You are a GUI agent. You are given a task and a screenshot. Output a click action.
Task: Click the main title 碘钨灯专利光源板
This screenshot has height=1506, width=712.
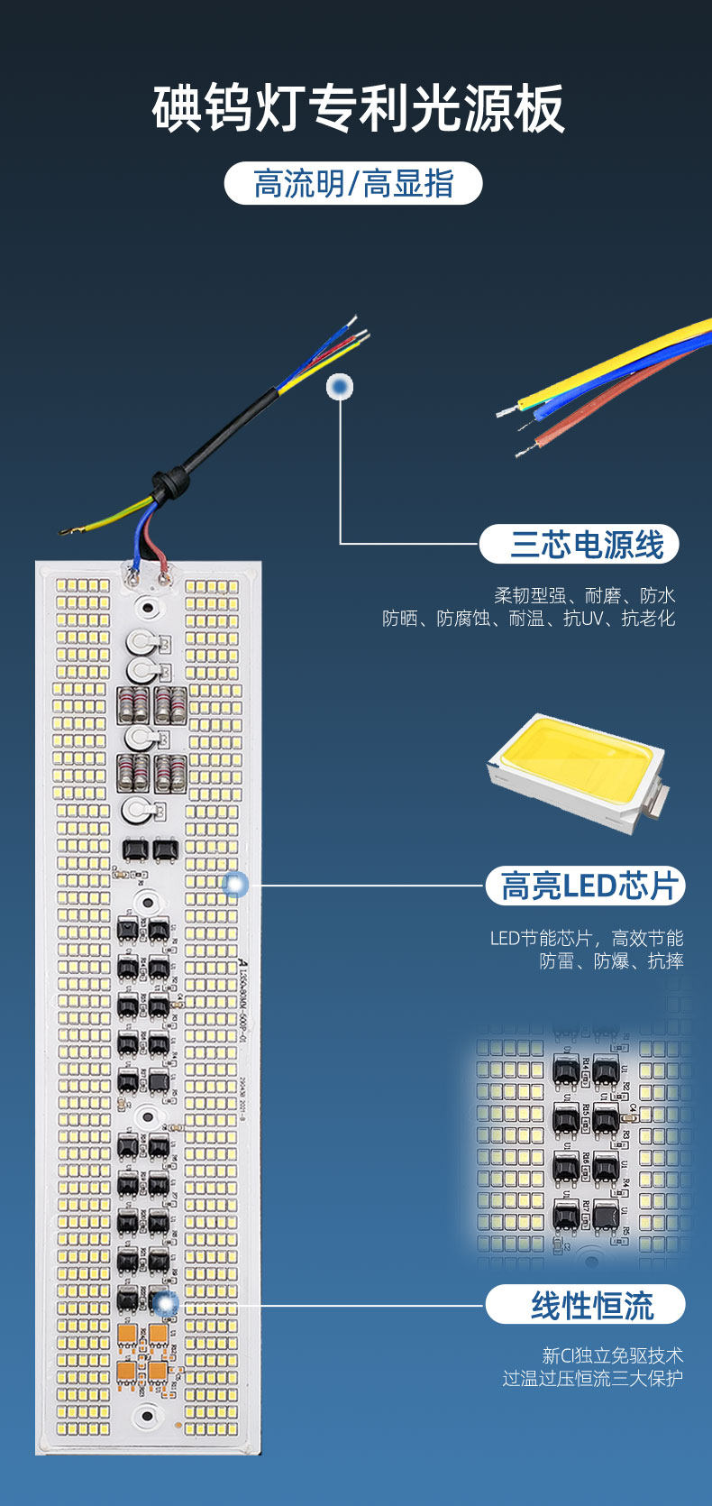(358, 109)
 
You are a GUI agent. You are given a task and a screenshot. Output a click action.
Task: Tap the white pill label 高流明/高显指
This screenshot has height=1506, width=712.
(353, 184)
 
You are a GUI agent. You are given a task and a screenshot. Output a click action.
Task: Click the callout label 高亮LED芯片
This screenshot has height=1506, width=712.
(587, 886)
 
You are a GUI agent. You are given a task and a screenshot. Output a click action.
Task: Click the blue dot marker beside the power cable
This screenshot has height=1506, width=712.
(340, 387)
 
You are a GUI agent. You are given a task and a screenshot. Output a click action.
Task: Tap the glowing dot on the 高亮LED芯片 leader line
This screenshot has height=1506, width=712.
(235, 885)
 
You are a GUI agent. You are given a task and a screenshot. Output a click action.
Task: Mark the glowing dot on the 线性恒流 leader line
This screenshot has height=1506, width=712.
(165, 1303)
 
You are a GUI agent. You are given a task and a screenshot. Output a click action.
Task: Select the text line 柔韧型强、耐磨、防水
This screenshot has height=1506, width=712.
(584, 595)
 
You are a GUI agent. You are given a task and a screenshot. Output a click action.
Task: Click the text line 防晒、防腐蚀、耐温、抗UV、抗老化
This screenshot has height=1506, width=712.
(528, 619)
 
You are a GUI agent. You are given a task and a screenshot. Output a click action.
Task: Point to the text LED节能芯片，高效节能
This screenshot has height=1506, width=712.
(586, 938)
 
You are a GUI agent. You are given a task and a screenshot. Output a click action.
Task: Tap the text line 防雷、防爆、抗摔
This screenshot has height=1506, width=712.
(611, 961)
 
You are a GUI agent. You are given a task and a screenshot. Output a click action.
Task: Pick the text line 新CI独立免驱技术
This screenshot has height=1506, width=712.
(612, 1355)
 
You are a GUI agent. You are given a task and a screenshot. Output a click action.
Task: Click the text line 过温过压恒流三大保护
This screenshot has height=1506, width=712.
(592, 1378)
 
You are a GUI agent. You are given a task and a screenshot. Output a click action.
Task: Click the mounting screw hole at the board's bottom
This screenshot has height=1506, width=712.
(144, 1415)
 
